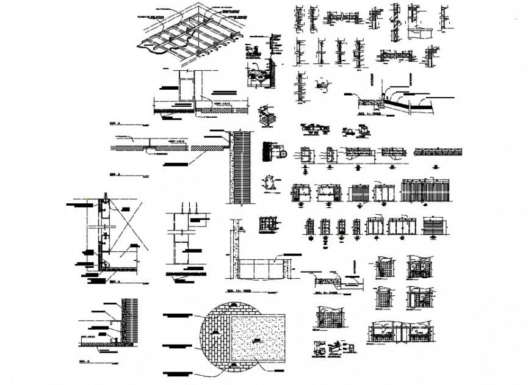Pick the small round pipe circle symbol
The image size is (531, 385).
(283, 153)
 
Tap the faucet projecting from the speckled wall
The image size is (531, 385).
(242, 229)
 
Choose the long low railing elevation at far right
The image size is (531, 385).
(438, 152)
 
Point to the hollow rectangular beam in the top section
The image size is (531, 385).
(186, 85)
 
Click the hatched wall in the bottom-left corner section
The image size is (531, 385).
(129, 323)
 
